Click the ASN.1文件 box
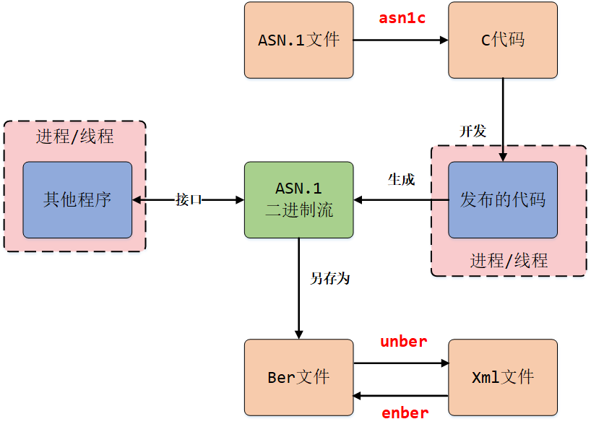(298, 40)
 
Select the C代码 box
(503, 40)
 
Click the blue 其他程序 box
(77, 200)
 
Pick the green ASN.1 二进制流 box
(298, 200)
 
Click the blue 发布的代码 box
(503, 200)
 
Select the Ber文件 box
(298, 377)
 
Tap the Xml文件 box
(503, 377)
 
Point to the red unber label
(403, 342)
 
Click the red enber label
(405, 413)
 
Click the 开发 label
(473, 131)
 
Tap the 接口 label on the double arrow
(189, 200)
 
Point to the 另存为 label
(329, 278)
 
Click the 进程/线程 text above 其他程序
(75, 137)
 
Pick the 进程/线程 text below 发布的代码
(509, 260)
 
